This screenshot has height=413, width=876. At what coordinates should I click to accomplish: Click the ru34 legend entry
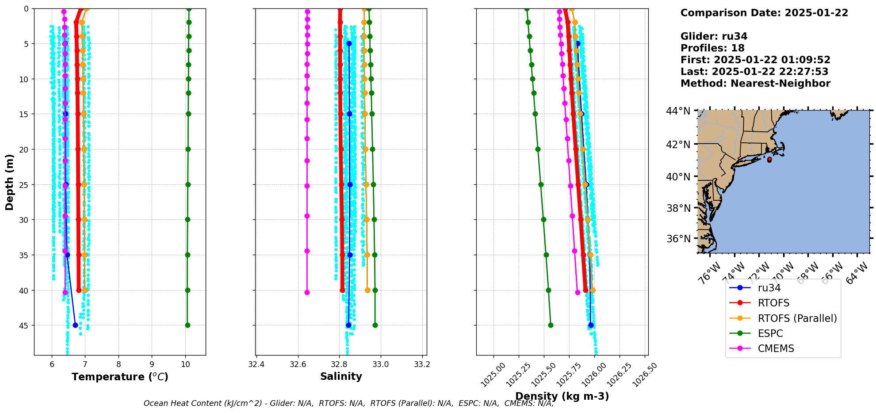click(769, 288)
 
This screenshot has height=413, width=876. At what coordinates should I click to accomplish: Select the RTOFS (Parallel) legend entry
click(797, 318)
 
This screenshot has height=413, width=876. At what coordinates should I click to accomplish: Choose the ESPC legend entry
click(770, 333)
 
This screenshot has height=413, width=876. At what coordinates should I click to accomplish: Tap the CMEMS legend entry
click(776, 348)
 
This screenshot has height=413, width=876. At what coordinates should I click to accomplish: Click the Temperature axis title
click(120, 377)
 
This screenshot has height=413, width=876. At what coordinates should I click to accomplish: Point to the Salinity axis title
click(341, 376)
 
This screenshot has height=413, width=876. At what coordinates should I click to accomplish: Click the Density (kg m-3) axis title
click(562, 396)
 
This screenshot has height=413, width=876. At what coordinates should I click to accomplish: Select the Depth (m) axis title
click(10, 182)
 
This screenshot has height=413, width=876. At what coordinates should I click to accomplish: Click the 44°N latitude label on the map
click(678, 111)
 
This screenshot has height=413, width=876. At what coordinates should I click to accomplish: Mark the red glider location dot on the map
click(769, 160)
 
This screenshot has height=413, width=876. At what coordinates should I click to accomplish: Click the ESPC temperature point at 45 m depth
click(187, 325)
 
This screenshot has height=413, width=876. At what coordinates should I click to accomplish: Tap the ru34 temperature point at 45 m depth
click(75, 325)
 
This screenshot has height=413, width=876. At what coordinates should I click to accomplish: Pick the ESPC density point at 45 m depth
click(551, 325)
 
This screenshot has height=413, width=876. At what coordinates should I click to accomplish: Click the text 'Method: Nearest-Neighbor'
click(755, 84)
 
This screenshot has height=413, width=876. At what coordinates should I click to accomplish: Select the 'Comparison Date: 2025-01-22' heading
click(764, 13)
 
